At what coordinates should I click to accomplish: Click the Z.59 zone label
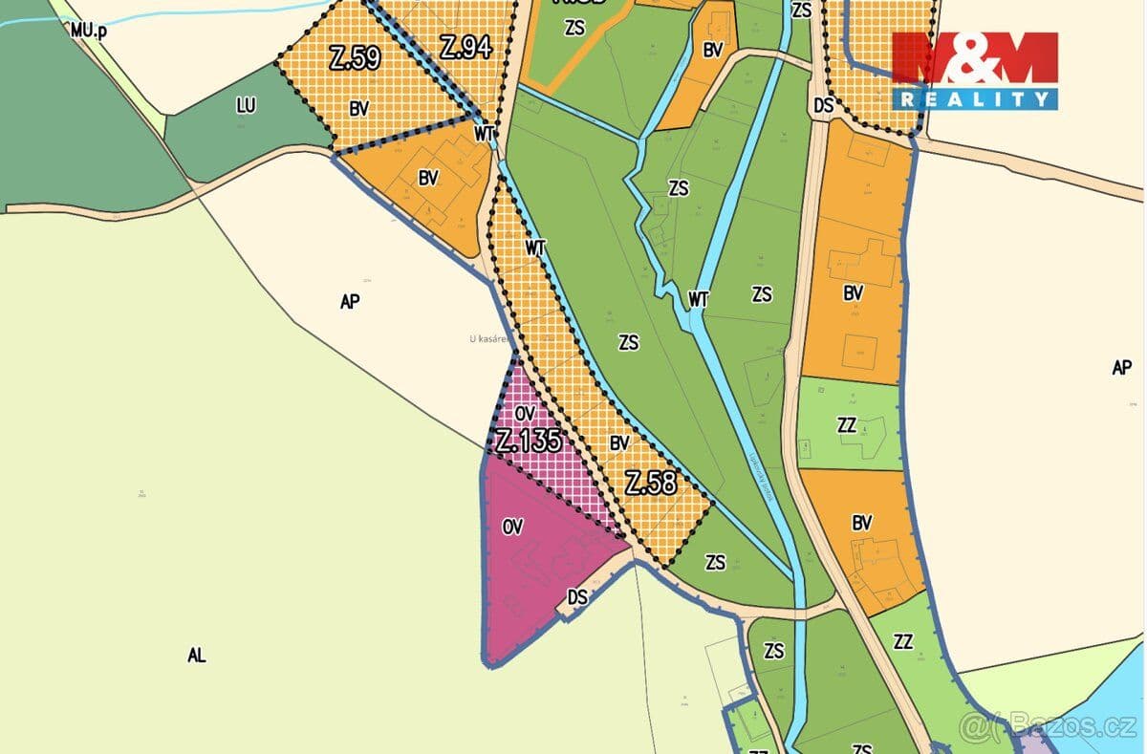tap(355, 59)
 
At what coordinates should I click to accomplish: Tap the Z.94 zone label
tap(465, 46)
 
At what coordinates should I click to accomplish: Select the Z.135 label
tap(529, 441)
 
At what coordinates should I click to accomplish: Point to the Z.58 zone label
tap(651, 484)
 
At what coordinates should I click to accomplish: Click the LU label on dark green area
tap(246, 106)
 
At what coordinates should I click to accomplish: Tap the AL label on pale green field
tap(197, 656)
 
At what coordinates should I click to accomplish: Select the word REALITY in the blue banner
tap(975, 98)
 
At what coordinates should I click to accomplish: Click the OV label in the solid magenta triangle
tap(512, 527)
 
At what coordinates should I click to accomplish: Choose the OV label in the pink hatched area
tap(524, 413)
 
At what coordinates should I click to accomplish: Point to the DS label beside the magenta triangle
tap(577, 597)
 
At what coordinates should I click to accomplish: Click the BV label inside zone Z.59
tap(359, 109)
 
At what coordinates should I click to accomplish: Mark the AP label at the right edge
tap(1122, 367)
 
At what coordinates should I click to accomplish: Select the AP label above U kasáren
tap(350, 301)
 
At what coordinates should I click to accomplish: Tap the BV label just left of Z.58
tap(619, 443)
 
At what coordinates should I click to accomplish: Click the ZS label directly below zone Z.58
tap(715, 563)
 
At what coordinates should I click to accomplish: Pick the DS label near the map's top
tap(824, 106)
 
